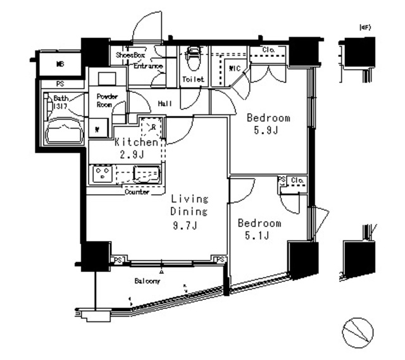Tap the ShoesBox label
coord(130,55)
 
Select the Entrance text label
coord(147,66)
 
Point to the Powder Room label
coord(105,100)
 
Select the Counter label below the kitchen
coord(137,192)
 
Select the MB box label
coord(59,64)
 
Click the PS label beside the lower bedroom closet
coord(281,180)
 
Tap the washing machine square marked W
coord(98,128)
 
